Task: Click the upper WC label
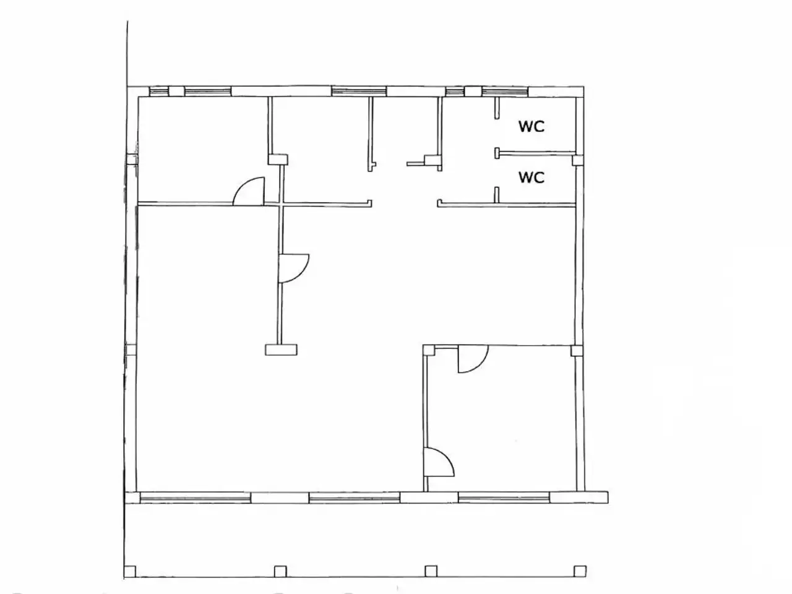tap(531, 126)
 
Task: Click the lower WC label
tap(531, 177)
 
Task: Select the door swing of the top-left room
tap(249, 191)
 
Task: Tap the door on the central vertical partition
tap(294, 269)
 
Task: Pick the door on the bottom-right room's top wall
tap(473, 359)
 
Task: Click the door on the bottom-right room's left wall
tap(439, 462)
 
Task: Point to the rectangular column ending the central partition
tap(281, 350)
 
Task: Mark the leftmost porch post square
tap(130, 572)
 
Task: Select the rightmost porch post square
tap(580, 571)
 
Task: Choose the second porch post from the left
tap(280, 572)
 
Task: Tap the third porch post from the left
tap(431, 571)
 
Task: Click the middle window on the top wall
tap(359, 91)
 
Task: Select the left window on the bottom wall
tap(195, 498)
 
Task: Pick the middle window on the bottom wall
tap(355, 498)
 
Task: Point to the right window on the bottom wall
tap(504, 498)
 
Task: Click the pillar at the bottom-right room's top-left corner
tap(429, 350)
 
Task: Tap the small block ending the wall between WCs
tap(497, 153)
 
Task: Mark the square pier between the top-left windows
tap(176, 91)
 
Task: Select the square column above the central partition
tap(278, 160)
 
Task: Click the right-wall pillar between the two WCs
tap(578, 160)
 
